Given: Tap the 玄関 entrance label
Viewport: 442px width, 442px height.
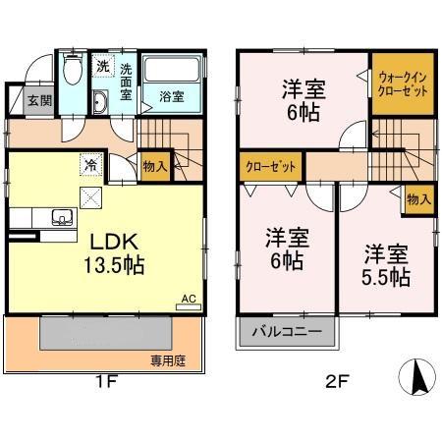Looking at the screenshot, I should (39, 100).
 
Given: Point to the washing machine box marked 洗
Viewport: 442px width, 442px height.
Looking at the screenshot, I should (103, 66).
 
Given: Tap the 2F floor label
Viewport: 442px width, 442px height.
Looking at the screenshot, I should (331, 384).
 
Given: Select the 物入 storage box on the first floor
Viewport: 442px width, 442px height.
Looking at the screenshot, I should (153, 166).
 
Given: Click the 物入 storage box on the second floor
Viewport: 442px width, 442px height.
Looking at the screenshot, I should (418, 199).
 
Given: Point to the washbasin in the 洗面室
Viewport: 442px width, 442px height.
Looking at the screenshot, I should (100, 103).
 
